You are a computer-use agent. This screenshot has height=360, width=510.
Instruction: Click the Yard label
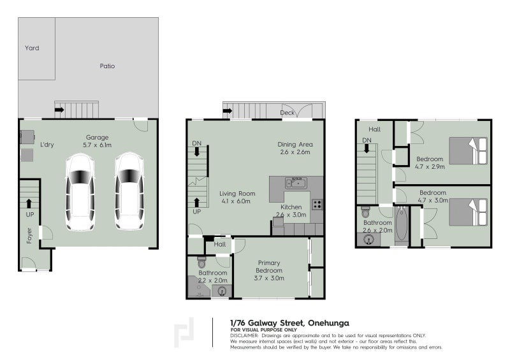tap(32, 48)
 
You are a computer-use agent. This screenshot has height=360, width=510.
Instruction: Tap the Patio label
tap(107, 66)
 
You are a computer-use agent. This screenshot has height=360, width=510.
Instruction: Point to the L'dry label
tap(47, 145)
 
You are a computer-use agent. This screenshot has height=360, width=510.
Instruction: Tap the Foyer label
tap(29, 235)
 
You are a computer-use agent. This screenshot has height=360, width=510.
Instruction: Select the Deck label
tap(288, 113)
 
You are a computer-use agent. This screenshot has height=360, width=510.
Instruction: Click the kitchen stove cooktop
tap(316, 205)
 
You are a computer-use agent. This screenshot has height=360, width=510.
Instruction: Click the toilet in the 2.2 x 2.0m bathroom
tap(201, 263)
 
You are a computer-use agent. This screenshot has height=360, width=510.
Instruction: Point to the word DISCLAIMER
tap(245, 335)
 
